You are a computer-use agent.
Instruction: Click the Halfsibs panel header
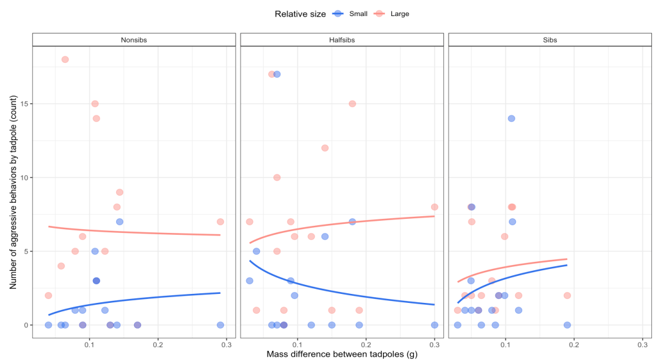click(x=341, y=40)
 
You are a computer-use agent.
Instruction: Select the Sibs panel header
click(x=549, y=40)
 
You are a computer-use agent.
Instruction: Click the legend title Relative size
click(x=300, y=13)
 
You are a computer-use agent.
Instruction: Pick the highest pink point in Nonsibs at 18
click(x=65, y=60)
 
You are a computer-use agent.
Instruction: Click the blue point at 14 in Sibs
click(x=511, y=119)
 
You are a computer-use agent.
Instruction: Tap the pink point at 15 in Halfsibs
click(x=352, y=104)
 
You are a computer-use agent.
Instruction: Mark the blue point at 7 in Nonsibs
click(x=119, y=222)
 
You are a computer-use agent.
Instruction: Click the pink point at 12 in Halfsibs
click(x=325, y=148)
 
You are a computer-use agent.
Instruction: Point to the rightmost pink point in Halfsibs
click(x=434, y=207)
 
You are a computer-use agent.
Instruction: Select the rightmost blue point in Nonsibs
click(x=220, y=325)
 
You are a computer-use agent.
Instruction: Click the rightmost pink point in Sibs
click(x=567, y=296)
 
